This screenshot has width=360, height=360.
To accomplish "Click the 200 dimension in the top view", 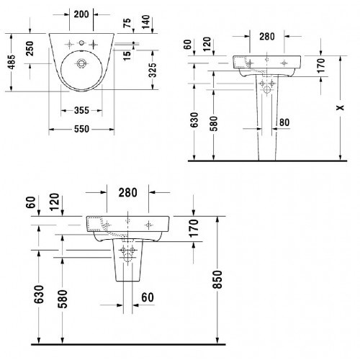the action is pyautogui.click(x=81, y=14).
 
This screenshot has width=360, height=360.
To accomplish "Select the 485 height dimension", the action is pyautogui.click(x=12, y=62).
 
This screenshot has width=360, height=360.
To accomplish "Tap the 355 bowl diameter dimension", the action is pyautogui.click(x=81, y=110).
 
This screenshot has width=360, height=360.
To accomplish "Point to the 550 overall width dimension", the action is pyautogui.click(x=81, y=129).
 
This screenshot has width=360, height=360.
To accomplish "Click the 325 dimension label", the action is pyautogui.click(x=153, y=70).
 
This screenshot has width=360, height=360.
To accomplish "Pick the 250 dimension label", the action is pyautogui.click(x=30, y=48).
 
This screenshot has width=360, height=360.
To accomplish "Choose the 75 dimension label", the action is pyautogui.click(x=127, y=23).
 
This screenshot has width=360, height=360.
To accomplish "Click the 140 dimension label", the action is pyautogui.click(x=145, y=22).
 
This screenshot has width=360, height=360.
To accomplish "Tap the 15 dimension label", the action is pyautogui.click(x=127, y=55).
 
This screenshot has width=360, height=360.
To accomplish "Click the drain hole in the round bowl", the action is pyautogui.click(x=82, y=63).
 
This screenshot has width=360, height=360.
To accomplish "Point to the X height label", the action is pyautogui.click(x=340, y=108).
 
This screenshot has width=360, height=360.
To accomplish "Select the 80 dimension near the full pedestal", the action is pyautogui.click(x=284, y=122).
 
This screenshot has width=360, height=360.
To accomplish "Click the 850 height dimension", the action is pyautogui.click(x=218, y=279).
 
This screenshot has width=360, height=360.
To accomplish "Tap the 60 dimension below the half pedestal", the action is pyautogui.click(x=148, y=297).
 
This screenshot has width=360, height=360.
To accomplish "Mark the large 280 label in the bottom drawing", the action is pyautogui.click(x=127, y=192).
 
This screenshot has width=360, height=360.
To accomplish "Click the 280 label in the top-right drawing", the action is pyautogui.click(x=267, y=37).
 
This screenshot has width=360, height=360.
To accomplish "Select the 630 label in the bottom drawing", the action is pyautogui.click(x=39, y=294).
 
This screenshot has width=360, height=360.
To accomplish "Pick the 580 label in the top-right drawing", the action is pyautogui.click(x=213, y=124).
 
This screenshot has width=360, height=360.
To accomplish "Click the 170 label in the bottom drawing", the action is pyautogui.click(x=194, y=228).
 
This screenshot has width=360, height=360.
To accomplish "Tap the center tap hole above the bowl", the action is pyautogui.click(x=82, y=43).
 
